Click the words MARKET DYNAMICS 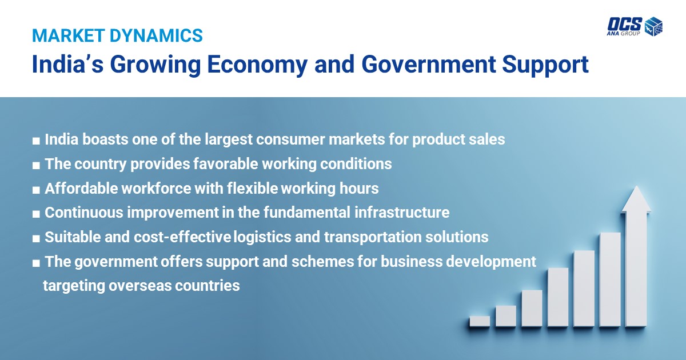pyautogui.click(x=117, y=35)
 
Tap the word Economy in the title pyautogui.click(x=257, y=65)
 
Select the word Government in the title pyautogui.click(x=429, y=64)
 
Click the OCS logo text pyautogui.click(x=625, y=24)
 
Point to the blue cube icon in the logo pyautogui.click(x=653, y=26)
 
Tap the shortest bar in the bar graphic pyautogui.click(x=480, y=321)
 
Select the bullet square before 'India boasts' pyautogui.click(x=36, y=141)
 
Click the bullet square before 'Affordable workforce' pyautogui.click(x=36, y=190)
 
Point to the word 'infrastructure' pyautogui.click(x=402, y=212)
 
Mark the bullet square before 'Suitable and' pyautogui.click(x=36, y=239)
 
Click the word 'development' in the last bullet pyautogui.click(x=491, y=262)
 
